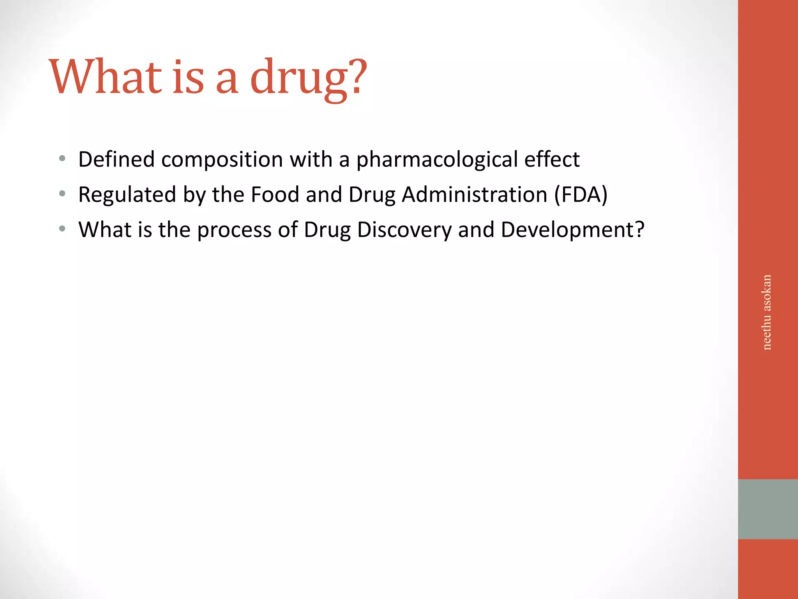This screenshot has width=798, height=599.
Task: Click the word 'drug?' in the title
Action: (308, 78)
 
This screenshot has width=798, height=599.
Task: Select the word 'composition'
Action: (222, 160)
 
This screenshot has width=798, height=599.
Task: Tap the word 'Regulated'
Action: (127, 195)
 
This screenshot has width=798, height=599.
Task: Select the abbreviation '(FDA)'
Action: (581, 195)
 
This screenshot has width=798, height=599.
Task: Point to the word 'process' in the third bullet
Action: (234, 230)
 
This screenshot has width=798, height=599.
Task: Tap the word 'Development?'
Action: (572, 230)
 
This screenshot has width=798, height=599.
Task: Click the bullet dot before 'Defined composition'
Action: (62, 159)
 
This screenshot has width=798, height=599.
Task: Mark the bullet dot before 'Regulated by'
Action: (62, 193)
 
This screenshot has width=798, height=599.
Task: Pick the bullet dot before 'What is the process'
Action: (62, 229)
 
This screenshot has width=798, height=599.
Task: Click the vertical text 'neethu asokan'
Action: (766, 312)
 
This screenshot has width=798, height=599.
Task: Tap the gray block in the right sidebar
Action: (768, 509)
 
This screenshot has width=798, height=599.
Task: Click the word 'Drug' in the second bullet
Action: (372, 195)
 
